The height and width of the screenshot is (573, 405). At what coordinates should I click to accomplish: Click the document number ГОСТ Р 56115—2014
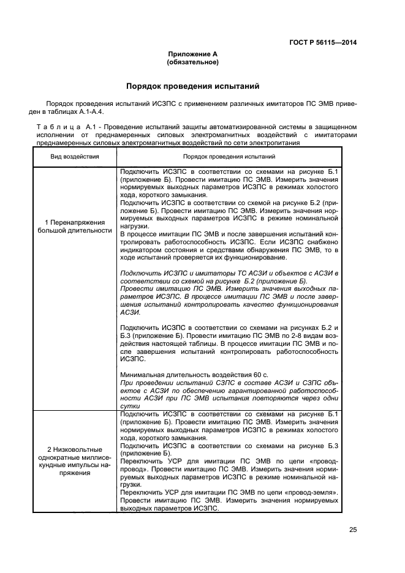(x=322, y=42)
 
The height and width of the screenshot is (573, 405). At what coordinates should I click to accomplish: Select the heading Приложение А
(x=193, y=54)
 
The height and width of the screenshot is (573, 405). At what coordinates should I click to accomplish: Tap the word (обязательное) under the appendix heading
(x=193, y=62)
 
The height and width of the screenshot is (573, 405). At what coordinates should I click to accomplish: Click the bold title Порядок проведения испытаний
(x=193, y=86)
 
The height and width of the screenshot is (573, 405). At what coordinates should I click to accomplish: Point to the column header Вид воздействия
(x=74, y=157)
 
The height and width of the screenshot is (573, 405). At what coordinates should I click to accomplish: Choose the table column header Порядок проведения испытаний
(x=229, y=157)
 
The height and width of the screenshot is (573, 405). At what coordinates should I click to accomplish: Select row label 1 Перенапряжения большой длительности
(x=74, y=226)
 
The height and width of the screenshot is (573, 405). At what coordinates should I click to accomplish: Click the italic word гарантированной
(x=243, y=389)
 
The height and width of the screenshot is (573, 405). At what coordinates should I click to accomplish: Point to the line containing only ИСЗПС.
(x=132, y=359)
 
